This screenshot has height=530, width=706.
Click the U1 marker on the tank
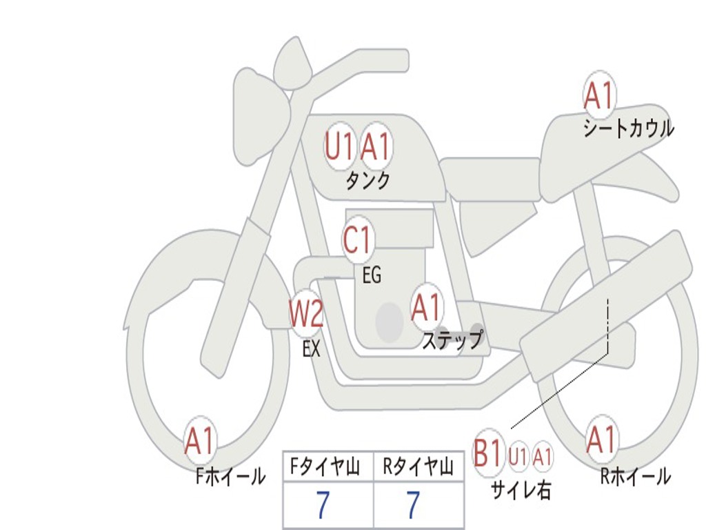coord(339,146)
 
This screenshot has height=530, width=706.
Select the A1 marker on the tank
coord(376,146)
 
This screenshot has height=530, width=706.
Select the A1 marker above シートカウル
coord(598,96)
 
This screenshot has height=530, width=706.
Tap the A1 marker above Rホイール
coord(601,440)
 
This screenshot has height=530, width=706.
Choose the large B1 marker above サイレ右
coord(488,454)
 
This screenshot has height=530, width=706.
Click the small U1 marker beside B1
coord(518,456)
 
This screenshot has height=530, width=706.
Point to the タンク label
coord(367,181)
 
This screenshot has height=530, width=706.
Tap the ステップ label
coord(452,340)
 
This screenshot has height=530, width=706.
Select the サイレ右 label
coord(521,489)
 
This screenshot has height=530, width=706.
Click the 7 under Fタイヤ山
coord(323,506)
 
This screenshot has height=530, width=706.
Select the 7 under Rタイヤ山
coord(412,506)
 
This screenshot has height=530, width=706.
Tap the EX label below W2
coord(312,349)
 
